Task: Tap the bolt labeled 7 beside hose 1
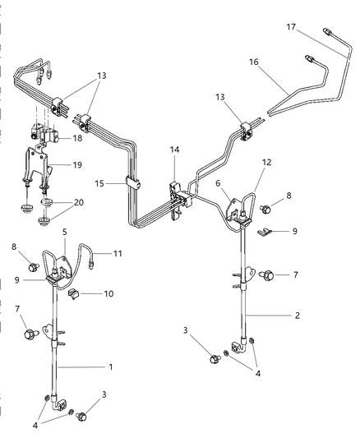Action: pyautogui.click(x=32, y=334)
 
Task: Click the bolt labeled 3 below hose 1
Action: pyautogui.click(x=81, y=416)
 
